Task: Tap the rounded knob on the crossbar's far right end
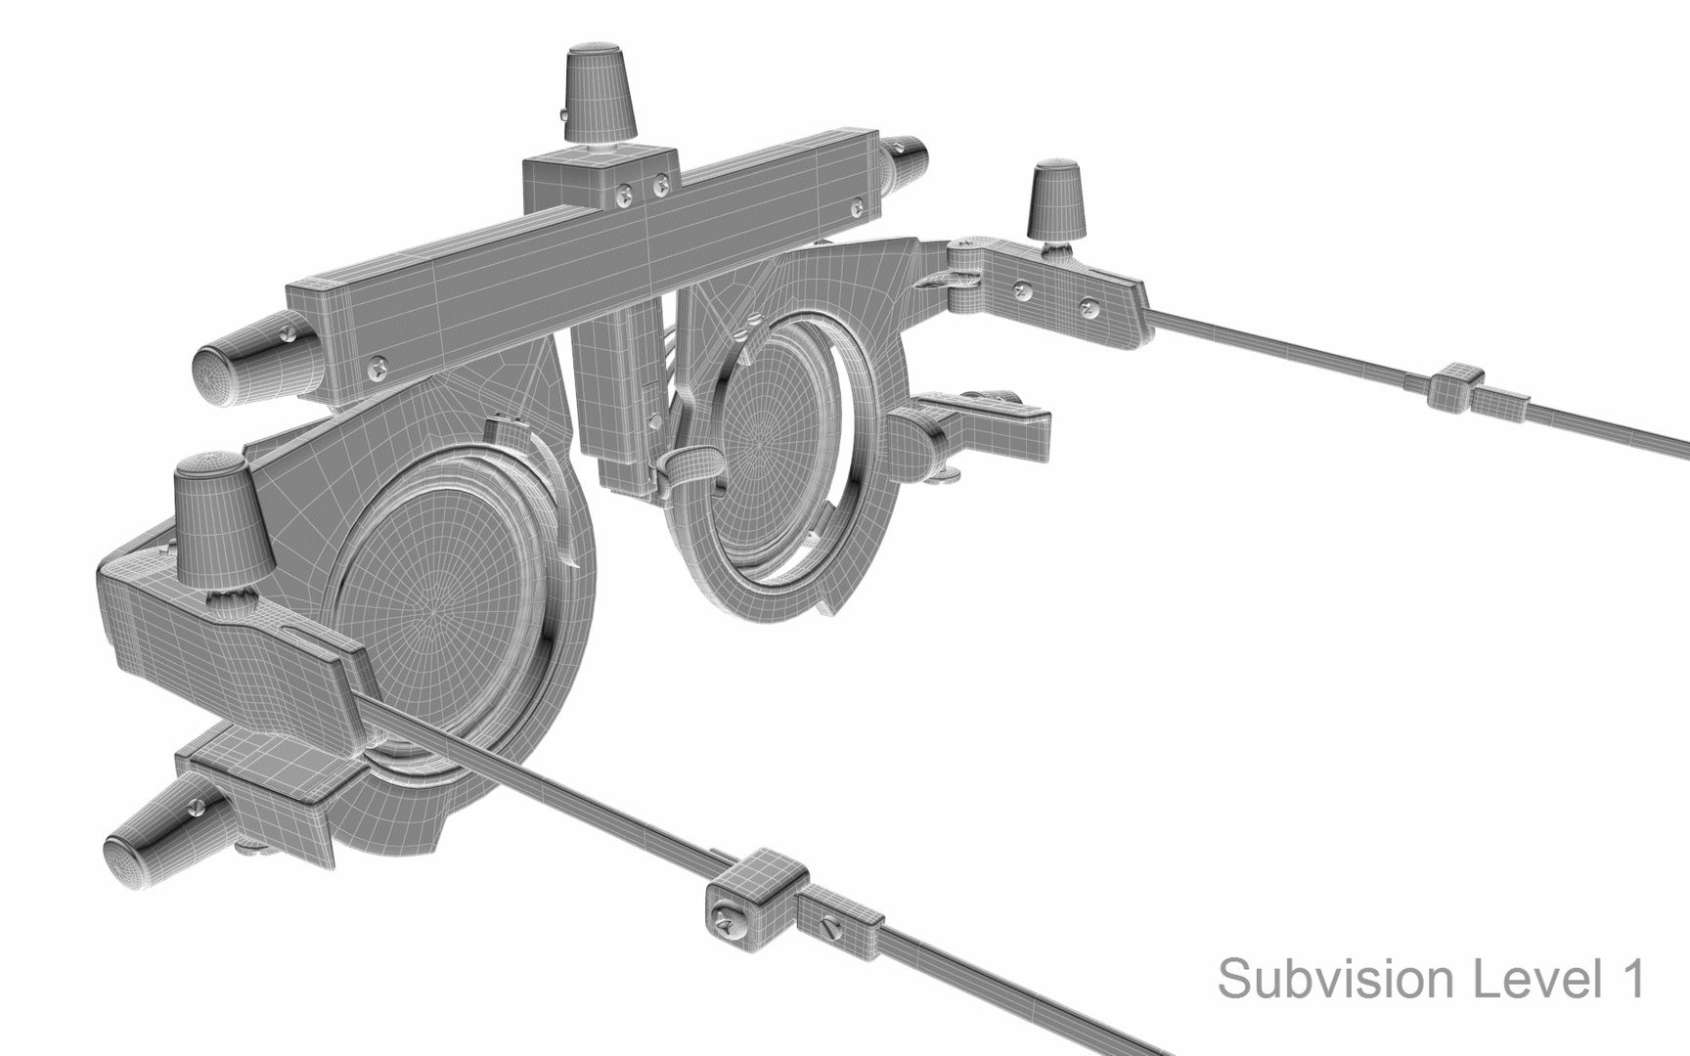[x=908, y=162]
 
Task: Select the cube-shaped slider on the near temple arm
[x=751, y=901]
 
